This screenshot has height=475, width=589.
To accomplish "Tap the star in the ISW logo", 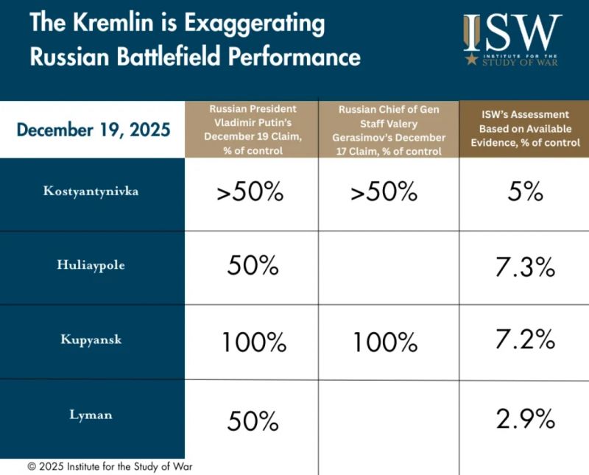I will coord(470,59).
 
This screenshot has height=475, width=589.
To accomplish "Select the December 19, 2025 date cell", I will coord(93,130).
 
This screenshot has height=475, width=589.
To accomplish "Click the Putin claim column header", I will coord(252,130).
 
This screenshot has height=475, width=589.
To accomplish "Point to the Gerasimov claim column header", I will coord(389,130).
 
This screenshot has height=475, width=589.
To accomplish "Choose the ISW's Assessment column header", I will coord(524,129).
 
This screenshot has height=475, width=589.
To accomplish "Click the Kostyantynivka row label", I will coord(93,192).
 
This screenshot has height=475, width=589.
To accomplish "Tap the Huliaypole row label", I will coord(93,266).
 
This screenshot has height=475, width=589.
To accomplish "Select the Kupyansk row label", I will coord(93,340).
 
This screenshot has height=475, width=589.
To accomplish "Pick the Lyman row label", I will coord(93,415).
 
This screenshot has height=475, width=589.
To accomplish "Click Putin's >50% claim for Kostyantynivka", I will coord(250,193).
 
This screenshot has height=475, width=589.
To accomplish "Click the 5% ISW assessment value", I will coord(524,193).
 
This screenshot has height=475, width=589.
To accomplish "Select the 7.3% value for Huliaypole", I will coord(524,268).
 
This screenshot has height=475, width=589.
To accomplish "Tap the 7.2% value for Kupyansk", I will coord(524,339).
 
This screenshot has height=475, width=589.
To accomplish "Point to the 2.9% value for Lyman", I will coord(524,419).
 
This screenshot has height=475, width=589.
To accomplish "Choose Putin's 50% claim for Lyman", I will coord(253,421).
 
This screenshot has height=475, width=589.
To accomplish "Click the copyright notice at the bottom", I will coord(110,466).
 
